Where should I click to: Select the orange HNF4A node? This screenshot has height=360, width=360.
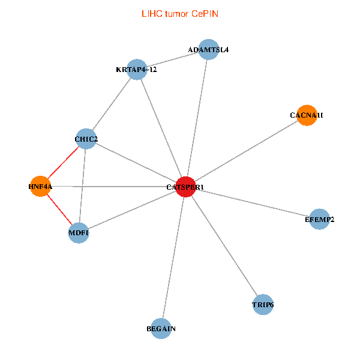pyautogui.click(x=40, y=186)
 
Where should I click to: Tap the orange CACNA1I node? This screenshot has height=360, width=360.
pyautogui.click(x=307, y=115)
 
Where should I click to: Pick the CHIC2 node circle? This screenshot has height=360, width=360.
pyautogui.click(x=86, y=139)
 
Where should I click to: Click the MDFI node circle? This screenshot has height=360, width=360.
pyautogui.click(x=79, y=233)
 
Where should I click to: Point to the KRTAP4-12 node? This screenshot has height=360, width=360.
pyautogui.click(x=137, y=69)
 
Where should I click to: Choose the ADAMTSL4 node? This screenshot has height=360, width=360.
pyautogui.click(x=208, y=49)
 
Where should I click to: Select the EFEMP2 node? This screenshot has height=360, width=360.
pyautogui.click(x=319, y=219)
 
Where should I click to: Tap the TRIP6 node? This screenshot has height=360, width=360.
pyautogui.click(x=263, y=305)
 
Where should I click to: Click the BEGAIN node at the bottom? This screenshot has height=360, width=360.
pyautogui.click(x=161, y=328)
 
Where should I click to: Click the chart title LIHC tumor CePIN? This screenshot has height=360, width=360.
pyautogui.click(x=180, y=13)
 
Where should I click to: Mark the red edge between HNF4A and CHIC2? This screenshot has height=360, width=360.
pyautogui.click(x=63, y=163)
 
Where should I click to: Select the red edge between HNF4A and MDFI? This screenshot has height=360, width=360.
pyautogui.click(x=59, y=209)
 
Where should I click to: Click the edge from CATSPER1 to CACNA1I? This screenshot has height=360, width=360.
pyautogui.click(x=246, y=151)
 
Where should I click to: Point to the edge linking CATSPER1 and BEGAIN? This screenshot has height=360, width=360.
pyautogui.click(x=173, y=257)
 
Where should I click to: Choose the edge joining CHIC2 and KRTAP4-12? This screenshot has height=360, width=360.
pyautogui.click(x=112, y=104)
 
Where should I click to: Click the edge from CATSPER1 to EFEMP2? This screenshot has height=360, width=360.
pyautogui.click(x=252, y=203)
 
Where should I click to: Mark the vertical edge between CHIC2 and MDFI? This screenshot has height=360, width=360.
pyautogui.click(x=82, y=186)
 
